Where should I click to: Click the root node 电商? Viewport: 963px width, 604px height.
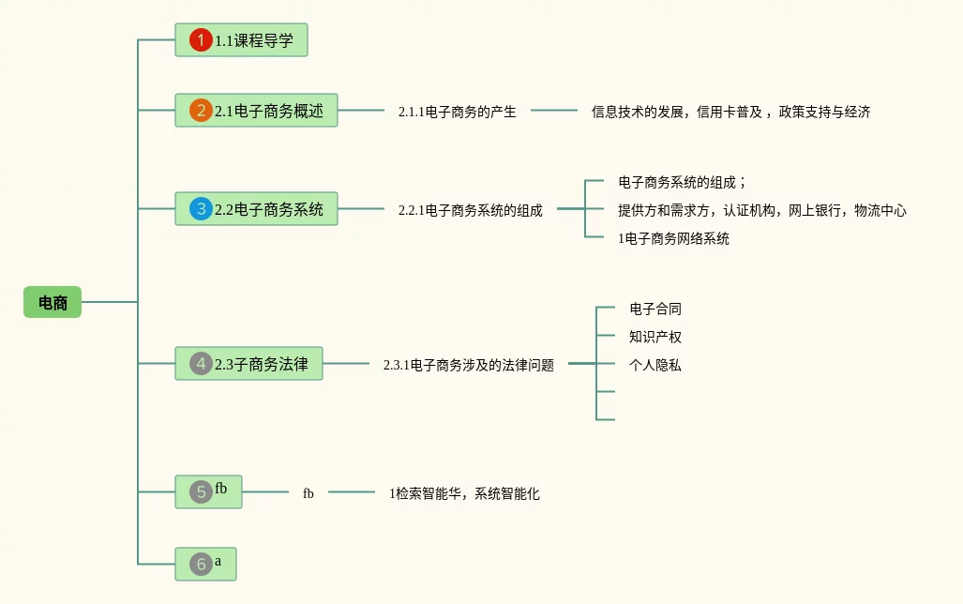pyautogui.click(x=53, y=303)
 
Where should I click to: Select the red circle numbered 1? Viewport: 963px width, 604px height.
pyautogui.click(x=201, y=40)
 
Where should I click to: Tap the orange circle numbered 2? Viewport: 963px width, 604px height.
pyautogui.click(x=201, y=111)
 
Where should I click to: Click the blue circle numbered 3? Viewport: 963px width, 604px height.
pyautogui.click(x=201, y=209)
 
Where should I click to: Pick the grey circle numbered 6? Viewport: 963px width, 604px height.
pyautogui.click(x=201, y=565)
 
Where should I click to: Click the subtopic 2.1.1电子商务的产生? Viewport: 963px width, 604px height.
pyautogui.click(x=457, y=112)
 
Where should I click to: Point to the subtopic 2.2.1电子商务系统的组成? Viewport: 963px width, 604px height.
pyautogui.click(x=470, y=210)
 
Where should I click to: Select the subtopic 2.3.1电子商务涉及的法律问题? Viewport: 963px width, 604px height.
pyautogui.click(x=468, y=365)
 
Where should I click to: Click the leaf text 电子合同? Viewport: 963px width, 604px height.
pyautogui.click(x=655, y=309)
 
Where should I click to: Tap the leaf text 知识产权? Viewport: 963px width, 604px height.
pyautogui.click(x=655, y=337)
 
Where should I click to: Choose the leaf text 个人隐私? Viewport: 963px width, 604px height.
pyautogui.click(x=655, y=365)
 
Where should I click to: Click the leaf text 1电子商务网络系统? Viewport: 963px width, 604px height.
pyautogui.click(x=673, y=238)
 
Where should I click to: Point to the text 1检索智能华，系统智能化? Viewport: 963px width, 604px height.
pyautogui.click(x=464, y=493)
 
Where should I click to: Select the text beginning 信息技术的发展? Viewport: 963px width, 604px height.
pyautogui.click(x=730, y=112)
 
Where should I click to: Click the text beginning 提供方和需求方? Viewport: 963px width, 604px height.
pyautogui.click(x=761, y=210)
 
